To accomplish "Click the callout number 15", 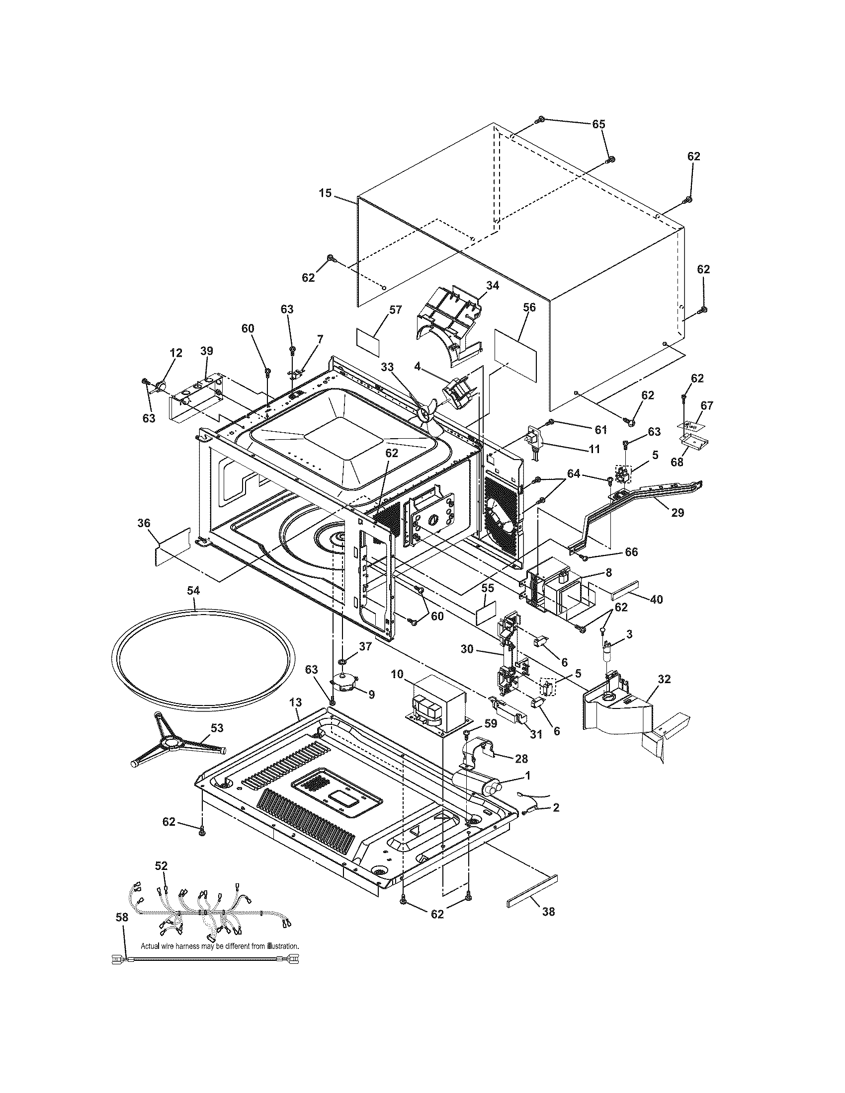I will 326,193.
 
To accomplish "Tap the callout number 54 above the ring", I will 193,591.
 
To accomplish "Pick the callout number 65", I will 599,124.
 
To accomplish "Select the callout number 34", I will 493,285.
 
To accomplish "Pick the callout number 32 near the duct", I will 664,679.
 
